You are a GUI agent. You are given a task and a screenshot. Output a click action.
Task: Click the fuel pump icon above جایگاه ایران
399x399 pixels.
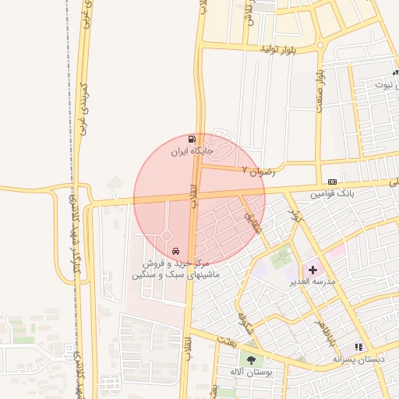(x=192, y=139)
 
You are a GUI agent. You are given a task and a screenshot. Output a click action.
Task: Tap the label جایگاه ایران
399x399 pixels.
(x=192, y=151)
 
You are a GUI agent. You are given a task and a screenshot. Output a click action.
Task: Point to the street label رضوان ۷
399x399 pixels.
(x=258, y=170)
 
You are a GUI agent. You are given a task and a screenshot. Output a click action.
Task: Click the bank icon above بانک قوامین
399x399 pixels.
(x=333, y=181)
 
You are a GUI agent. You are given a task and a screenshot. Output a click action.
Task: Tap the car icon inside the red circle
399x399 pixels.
(x=176, y=252)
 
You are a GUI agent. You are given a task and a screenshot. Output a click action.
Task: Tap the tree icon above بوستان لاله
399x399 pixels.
(x=252, y=359)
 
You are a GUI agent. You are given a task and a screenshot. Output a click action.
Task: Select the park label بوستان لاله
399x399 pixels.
(x=252, y=372)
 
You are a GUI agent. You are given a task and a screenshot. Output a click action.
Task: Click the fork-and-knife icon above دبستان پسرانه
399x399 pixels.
(x=358, y=346)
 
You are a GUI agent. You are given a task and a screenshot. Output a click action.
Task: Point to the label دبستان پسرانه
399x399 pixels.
(x=358, y=358)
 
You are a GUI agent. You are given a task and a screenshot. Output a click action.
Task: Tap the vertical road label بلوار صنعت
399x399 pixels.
(x=320, y=90)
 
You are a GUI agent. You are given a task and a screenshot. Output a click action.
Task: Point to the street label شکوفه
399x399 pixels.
(x=242, y=318)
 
